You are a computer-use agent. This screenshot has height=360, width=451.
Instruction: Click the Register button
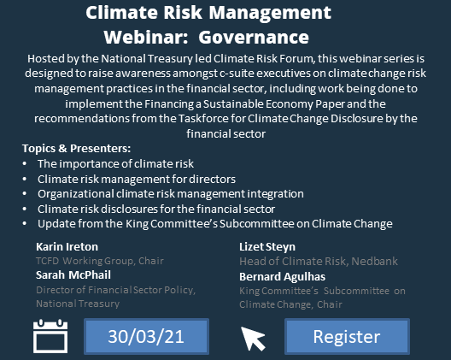click(346, 336)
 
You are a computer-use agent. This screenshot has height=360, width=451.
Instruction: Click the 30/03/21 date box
click(146, 336)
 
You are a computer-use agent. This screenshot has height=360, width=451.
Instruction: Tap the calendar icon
click(50, 336)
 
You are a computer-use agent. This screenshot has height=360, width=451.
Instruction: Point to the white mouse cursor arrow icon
click(254, 338)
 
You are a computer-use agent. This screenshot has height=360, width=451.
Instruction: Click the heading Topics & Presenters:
click(76, 148)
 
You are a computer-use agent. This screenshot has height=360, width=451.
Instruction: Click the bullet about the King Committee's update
click(214, 224)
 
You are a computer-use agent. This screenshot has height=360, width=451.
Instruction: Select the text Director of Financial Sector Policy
click(115, 290)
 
